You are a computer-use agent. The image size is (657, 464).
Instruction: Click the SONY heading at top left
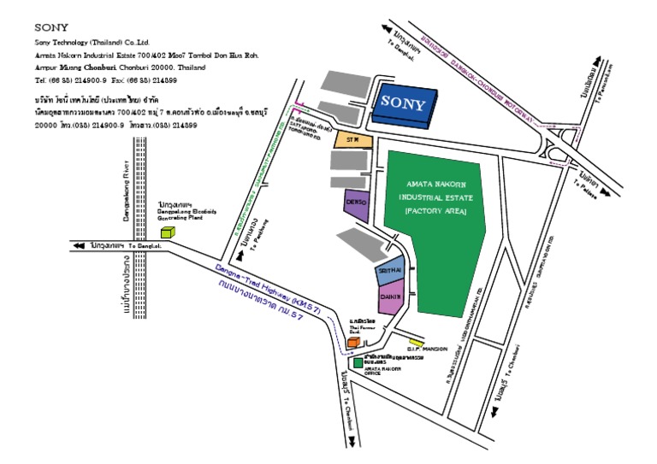(50, 27)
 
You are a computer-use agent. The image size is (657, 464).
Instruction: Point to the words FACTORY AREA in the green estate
(435, 210)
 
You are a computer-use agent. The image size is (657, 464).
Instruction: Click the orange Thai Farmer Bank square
(352, 342)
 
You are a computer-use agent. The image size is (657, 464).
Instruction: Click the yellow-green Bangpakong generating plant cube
(167, 231)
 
